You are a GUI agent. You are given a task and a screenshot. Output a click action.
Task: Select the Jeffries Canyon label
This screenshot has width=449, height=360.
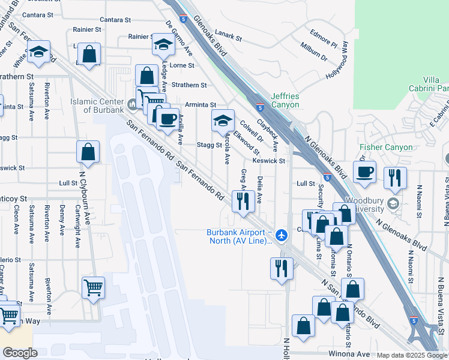[x=285, y=100]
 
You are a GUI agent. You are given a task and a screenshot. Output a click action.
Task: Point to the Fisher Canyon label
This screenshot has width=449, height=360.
[x=386, y=147]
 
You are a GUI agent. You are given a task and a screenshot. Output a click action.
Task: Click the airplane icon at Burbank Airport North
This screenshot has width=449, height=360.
[x=280, y=233]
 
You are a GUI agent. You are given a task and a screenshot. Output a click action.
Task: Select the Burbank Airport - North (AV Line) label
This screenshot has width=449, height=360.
[x=239, y=237]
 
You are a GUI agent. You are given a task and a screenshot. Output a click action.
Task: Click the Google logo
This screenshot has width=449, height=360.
[x=20, y=353]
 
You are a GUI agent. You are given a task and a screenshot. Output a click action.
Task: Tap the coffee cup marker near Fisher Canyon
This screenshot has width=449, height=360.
[x=364, y=172]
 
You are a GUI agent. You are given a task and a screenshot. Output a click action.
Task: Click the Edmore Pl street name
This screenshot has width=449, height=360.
[x=323, y=37]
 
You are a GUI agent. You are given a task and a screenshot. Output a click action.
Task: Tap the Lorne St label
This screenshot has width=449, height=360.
[x=182, y=65]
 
